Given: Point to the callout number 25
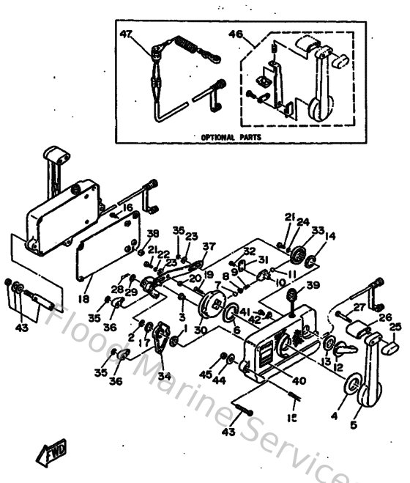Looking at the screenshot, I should [397, 327].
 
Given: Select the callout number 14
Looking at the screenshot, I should [330, 236].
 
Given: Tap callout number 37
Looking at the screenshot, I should [209, 246].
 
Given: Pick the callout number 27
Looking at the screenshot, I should [359, 307].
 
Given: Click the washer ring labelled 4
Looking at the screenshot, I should [350, 387].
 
